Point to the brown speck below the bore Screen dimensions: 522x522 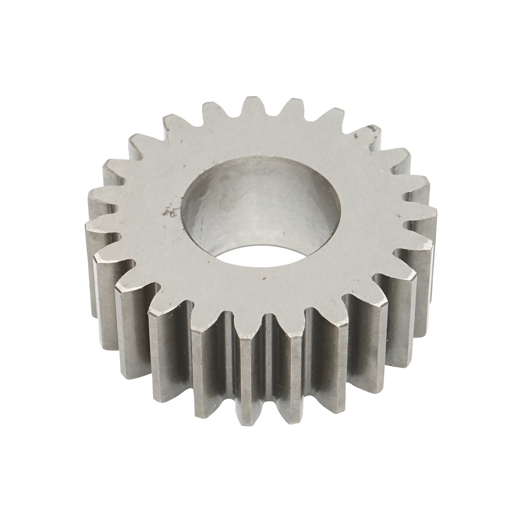pos(263,276)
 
